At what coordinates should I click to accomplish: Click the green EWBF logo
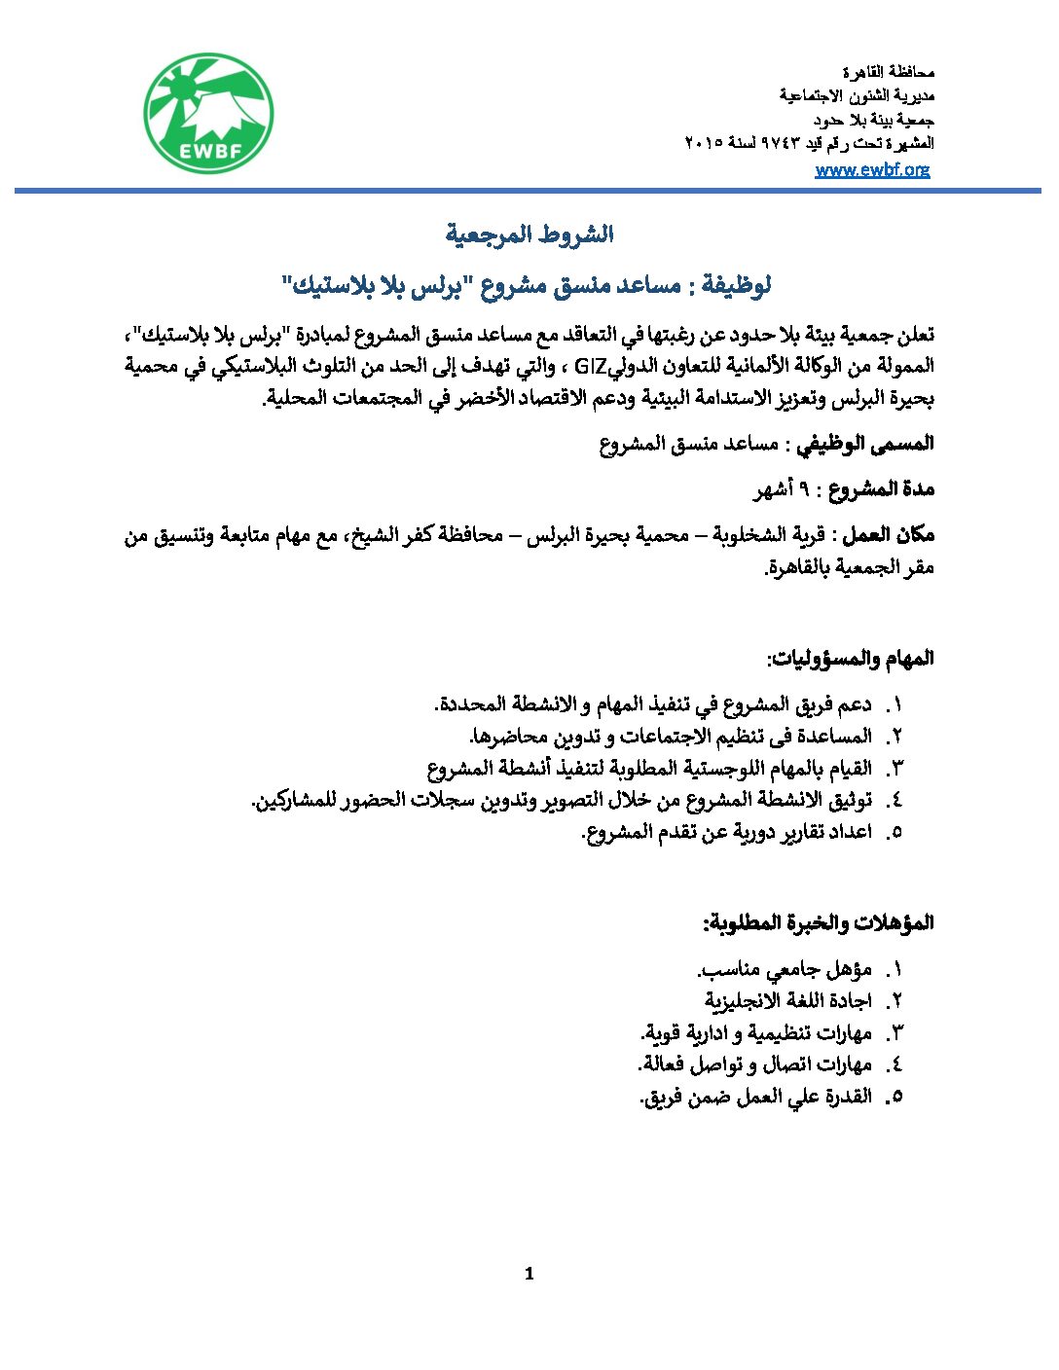pyautogui.click(x=208, y=113)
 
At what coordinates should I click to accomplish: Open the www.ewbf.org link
pyautogui.click(x=872, y=169)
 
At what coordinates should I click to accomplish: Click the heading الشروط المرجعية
pyautogui.click(x=529, y=234)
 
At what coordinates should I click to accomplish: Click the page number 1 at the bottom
pyautogui.click(x=529, y=1274)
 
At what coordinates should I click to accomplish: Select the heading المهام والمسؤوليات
pyautogui.click(x=851, y=659)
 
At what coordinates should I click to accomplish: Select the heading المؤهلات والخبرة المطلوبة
pyautogui.click(x=819, y=922)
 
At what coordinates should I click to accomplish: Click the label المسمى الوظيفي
pyautogui.click(x=865, y=445)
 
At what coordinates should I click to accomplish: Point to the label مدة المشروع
pyautogui.click(x=881, y=489)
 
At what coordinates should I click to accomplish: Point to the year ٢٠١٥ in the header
pyautogui.click(x=704, y=144)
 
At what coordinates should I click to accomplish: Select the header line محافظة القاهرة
pyautogui.click(x=888, y=72)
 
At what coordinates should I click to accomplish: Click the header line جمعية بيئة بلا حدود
pyautogui.click(x=873, y=120)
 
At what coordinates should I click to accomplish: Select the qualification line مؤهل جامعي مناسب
pyautogui.click(x=786, y=969)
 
